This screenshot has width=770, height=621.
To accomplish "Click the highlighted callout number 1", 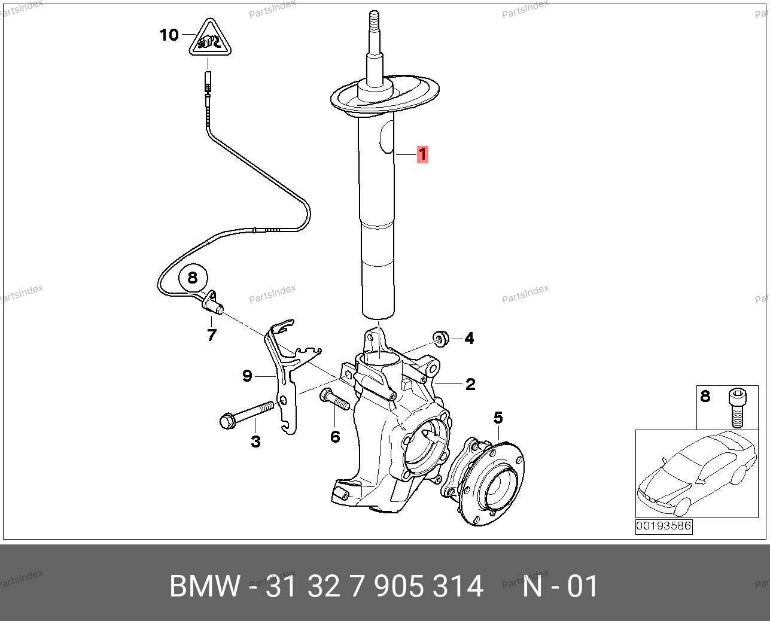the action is pyautogui.click(x=422, y=154).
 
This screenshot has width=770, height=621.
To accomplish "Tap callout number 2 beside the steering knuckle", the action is pyautogui.click(x=470, y=384).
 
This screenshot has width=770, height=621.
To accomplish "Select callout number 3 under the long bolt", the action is pyautogui.click(x=255, y=442).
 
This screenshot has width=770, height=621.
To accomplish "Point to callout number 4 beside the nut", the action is pyautogui.click(x=469, y=338).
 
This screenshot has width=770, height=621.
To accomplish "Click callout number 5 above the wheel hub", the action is pyautogui.click(x=498, y=418).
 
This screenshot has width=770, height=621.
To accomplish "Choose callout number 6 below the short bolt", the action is pyautogui.click(x=335, y=437).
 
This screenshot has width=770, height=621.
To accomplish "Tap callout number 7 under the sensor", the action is pyautogui.click(x=212, y=336).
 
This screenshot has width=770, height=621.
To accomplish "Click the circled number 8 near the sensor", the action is pyautogui.click(x=193, y=278).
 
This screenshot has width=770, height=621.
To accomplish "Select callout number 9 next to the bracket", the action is pyautogui.click(x=247, y=376).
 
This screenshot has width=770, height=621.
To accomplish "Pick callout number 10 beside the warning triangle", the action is pyautogui.click(x=169, y=35).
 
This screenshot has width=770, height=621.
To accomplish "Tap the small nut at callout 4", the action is pyautogui.click(x=440, y=339).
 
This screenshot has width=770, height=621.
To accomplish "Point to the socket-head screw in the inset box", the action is pyautogui.click(x=737, y=407).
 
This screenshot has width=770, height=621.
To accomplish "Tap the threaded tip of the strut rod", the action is pyautogui.click(x=374, y=19).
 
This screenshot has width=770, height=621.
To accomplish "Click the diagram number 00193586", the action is pyautogui.click(x=664, y=526).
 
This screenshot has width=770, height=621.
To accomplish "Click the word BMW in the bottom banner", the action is pyautogui.click(x=205, y=586).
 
